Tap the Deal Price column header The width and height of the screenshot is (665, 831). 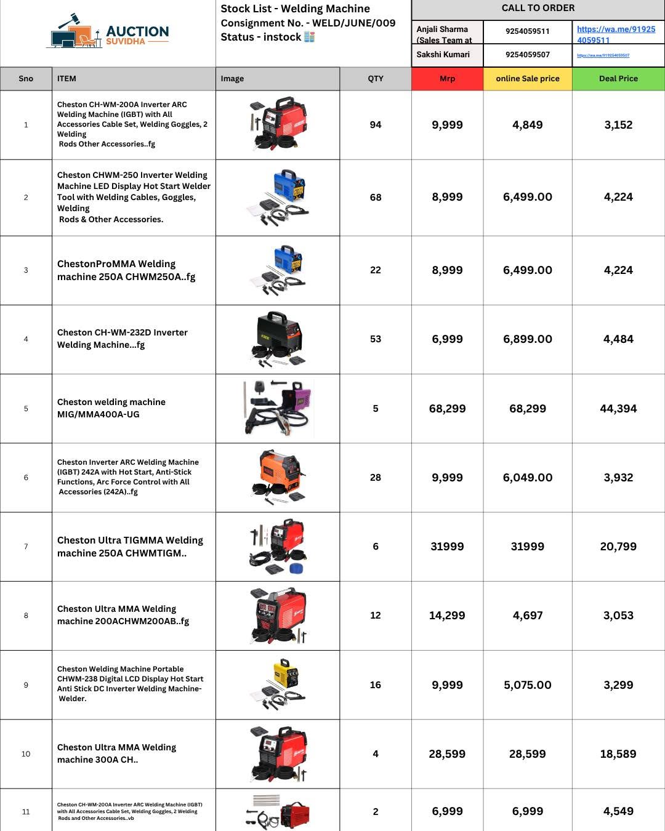[x=618, y=79]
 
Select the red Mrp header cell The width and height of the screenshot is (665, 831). [x=447, y=79]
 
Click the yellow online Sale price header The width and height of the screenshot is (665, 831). [x=528, y=79]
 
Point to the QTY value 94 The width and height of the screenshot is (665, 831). [x=376, y=125]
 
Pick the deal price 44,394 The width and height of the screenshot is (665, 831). [x=618, y=409]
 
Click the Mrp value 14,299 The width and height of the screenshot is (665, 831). [x=447, y=616]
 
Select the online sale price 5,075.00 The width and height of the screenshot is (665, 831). [x=528, y=685]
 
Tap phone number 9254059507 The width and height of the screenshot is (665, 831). [x=528, y=55]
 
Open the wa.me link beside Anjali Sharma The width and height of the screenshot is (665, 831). [x=616, y=34]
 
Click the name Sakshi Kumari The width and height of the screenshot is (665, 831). [x=443, y=55]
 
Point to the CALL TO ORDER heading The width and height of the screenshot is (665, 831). [x=538, y=9]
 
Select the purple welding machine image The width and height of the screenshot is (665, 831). [x=278, y=407]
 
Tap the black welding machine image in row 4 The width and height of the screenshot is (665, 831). [x=278, y=339]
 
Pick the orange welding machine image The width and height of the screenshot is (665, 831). [x=278, y=477]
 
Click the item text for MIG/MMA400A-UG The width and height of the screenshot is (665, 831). [x=111, y=408]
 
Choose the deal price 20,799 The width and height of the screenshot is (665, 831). [x=618, y=547]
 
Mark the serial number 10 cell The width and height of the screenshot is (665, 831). [x=26, y=754]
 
